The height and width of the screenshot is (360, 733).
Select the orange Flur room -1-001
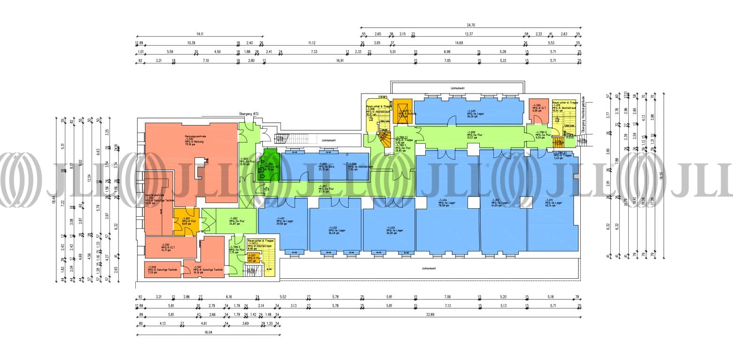pyautogui.click(x=186, y=221)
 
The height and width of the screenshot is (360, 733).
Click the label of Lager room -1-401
pyautogui.click(x=281, y=220)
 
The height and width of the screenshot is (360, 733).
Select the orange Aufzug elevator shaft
pyautogui.click(x=402, y=112)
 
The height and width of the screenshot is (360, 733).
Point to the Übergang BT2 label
pyautogui.click(x=249, y=114)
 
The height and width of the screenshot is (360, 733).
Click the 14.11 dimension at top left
pyautogui.click(x=200, y=34)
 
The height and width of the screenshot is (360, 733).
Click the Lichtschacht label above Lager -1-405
pyautogui.click(x=457, y=88)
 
